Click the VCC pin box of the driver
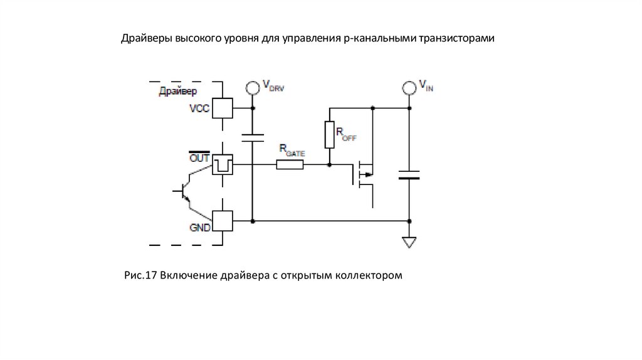(223, 108)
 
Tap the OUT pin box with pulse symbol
(223, 165)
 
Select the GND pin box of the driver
(223, 221)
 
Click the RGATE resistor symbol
(290, 165)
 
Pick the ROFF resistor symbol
(330, 134)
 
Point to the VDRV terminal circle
(253, 88)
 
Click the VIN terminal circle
(409, 88)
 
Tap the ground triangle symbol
(409, 243)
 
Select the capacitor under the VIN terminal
(409, 175)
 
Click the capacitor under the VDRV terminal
(253, 137)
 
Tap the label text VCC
(199, 109)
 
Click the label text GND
(200, 228)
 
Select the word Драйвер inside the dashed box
(177, 92)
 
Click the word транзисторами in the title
(456, 38)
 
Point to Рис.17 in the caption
(140, 275)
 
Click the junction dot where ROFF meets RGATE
(330, 165)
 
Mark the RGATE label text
(292, 151)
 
